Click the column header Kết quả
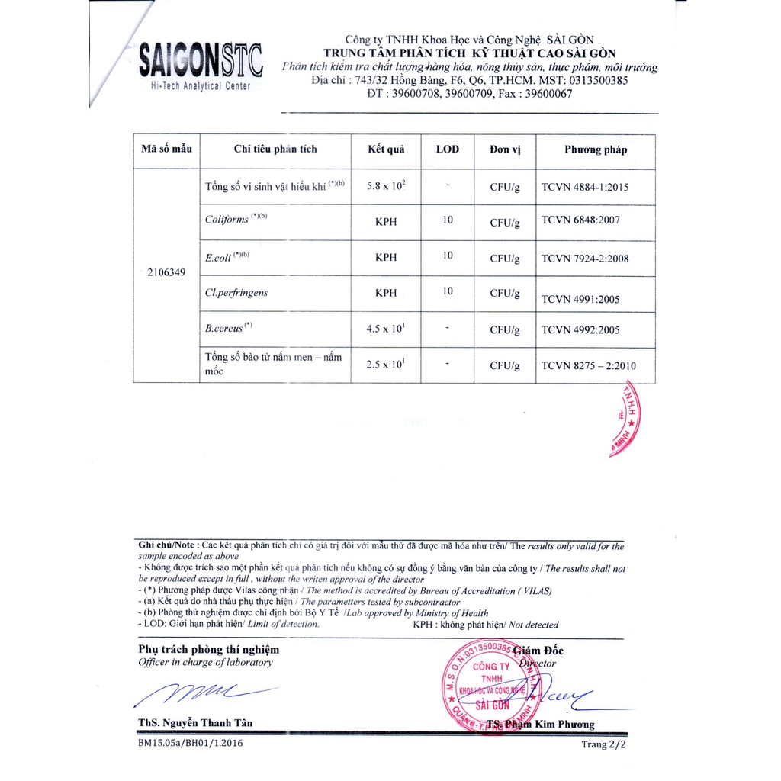pos(386,149)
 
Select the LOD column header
pos(447,149)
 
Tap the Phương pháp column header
pos(596,149)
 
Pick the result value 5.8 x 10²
pos(386,186)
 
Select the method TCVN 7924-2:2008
pos(585,259)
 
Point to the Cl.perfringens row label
pos(236,292)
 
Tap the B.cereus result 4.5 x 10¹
pos(386,329)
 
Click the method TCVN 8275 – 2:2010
pos(588,366)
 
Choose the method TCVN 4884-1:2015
pos(585,187)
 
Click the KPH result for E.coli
pos(386,258)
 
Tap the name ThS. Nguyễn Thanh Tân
pos(195,723)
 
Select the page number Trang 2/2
pos(604,744)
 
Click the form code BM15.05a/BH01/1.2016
pos(191,743)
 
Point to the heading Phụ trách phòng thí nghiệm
pos(208,650)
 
